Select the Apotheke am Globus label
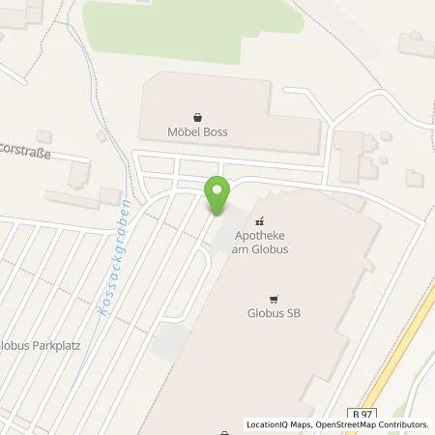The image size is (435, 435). point(259,241)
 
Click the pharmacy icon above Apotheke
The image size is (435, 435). point(259,221)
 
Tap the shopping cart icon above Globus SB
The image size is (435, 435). point(275,298)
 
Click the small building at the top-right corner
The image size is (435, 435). point(415,42)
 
